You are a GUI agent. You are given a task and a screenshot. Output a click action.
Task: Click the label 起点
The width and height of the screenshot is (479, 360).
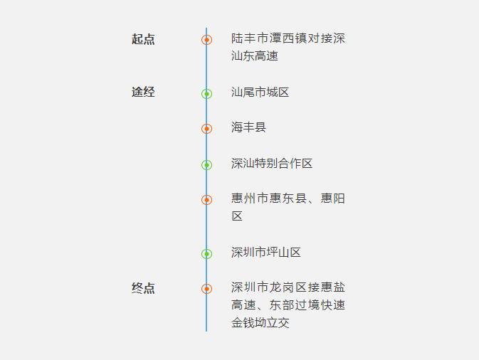[143, 39]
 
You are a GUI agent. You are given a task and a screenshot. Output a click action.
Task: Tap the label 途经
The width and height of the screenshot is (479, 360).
[143, 92]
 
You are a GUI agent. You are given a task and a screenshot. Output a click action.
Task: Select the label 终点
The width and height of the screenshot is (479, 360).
[143, 288]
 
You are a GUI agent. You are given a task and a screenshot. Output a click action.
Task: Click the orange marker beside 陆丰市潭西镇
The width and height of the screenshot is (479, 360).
[206, 40]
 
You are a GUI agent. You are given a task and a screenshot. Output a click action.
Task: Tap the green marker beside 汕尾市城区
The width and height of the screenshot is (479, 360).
[206, 93]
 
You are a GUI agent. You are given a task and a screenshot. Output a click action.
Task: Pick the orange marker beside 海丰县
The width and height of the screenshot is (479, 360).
[206, 129]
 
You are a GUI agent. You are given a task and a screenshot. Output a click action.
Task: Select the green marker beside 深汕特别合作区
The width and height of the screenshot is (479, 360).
[206, 165]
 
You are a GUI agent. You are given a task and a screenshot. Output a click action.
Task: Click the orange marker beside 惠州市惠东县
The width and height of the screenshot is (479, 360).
[206, 200]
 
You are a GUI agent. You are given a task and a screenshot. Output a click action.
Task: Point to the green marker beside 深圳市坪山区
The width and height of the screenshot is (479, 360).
[206, 254]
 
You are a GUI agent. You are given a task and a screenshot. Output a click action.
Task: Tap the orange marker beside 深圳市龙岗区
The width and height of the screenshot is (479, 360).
[206, 289]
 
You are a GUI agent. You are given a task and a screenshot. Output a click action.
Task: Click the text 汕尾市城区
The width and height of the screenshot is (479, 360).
[260, 92]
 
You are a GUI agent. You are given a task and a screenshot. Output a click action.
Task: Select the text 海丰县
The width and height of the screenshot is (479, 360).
[248, 128]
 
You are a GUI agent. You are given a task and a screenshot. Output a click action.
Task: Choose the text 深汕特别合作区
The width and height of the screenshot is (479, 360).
[272, 164]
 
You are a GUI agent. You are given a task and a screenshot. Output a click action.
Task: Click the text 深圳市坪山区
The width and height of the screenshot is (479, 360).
[266, 253]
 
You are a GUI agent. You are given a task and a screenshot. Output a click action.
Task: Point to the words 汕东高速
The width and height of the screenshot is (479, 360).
[254, 56]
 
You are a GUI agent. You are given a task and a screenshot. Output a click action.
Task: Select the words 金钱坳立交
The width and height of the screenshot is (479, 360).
[260, 323]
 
